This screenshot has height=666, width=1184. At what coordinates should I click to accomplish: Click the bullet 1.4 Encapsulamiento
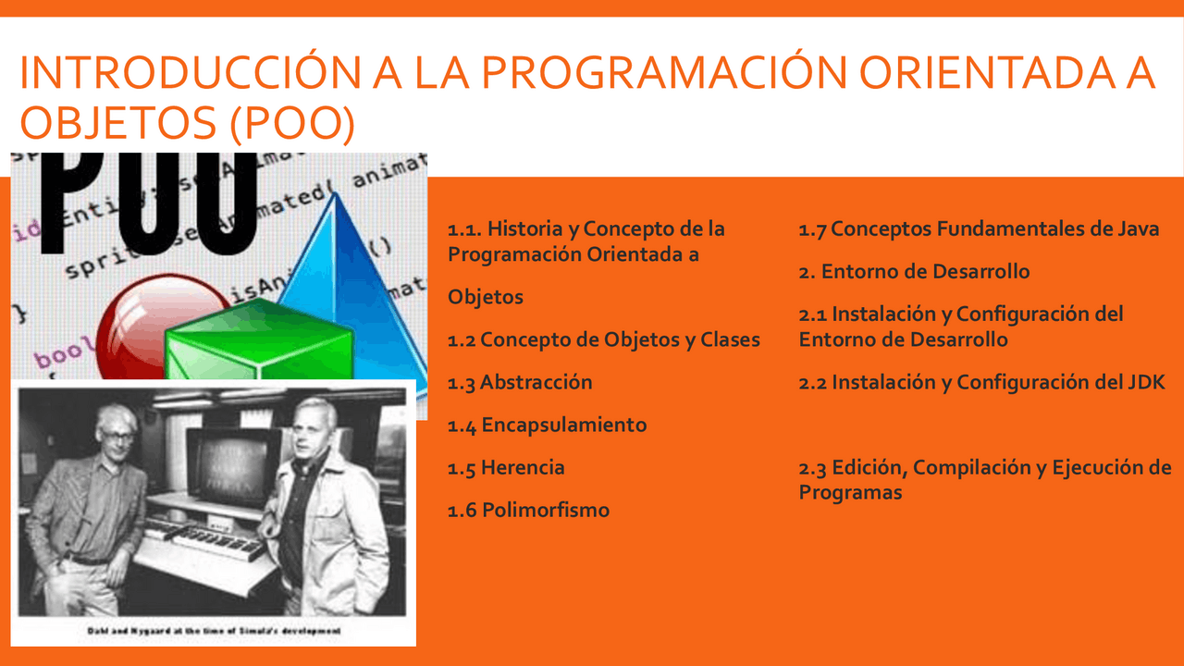[x=547, y=425]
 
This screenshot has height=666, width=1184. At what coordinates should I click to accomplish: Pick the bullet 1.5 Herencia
[x=506, y=467]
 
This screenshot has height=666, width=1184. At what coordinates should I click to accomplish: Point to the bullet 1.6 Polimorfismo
[x=528, y=510]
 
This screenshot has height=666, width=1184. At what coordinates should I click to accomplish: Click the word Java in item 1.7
[x=1135, y=228]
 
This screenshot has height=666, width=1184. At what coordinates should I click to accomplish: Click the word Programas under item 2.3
[x=850, y=492]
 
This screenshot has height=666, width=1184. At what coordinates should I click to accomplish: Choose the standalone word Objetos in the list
[x=486, y=297]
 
